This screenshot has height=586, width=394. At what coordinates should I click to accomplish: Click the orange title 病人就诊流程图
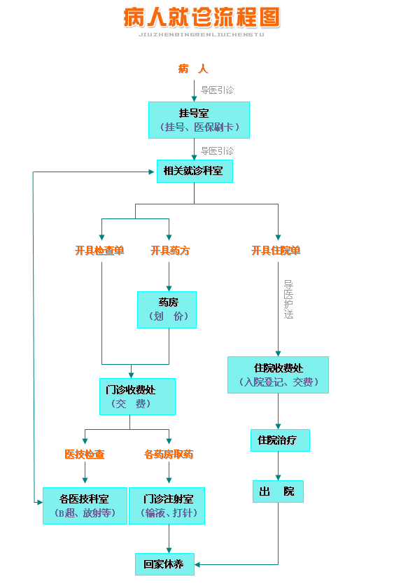(202, 18)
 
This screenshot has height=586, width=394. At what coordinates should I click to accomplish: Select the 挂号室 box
(199, 120)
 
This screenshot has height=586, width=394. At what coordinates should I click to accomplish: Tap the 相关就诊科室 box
(195, 171)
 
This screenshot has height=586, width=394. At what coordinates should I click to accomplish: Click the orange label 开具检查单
(99, 251)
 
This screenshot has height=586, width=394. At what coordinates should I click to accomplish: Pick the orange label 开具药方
(170, 251)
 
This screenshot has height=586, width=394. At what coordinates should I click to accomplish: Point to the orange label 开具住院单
(276, 251)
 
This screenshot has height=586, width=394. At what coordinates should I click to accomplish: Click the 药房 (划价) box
(167, 310)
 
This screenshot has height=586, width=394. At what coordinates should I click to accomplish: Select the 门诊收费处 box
(137, 396)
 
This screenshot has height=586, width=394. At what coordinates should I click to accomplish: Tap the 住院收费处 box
(279, 375)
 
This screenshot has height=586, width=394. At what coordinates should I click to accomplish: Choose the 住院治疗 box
(280, 440)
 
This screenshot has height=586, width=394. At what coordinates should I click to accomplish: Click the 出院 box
(279, 491)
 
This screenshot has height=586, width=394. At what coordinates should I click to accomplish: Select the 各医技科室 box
(85, 505)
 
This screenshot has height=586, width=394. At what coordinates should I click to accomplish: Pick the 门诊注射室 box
(167, 505)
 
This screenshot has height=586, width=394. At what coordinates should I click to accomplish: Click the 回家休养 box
(164, 564)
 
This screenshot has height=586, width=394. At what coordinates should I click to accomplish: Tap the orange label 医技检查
(85, 454)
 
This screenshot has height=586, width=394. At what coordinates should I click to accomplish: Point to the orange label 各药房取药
(169, 454)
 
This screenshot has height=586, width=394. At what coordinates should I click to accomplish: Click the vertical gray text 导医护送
(288, 299)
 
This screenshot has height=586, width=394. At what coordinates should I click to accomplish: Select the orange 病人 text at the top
(193, 69)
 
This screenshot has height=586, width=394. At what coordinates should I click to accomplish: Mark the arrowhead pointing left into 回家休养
(197, 565)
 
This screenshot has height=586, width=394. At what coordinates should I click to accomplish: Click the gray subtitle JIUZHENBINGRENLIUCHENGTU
(202, 35)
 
